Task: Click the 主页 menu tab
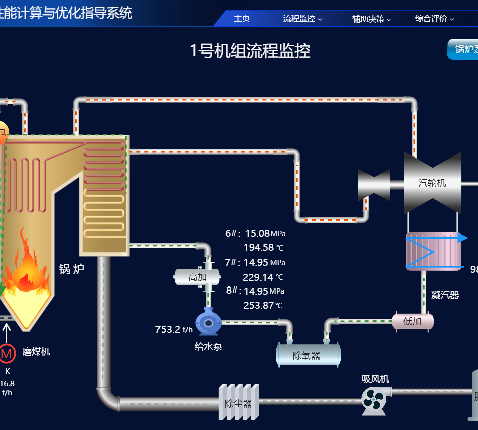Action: click(x=242, y=19)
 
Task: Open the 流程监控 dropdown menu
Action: click(x=302, y=19)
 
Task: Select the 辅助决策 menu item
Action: click(x=371, y=19)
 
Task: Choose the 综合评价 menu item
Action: click(x=434, y=19)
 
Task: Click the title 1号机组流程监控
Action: click(x=250, y=51)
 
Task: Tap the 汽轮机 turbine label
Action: click(x=432, y=183)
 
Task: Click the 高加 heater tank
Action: click(x=197, y=277)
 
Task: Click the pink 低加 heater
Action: click(x=412, y=321)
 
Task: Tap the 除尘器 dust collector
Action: click(x=239, y=402)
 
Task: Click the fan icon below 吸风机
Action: click(x=374, y=400)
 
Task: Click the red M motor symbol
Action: click(x=7, y=354)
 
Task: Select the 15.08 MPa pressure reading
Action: click(x=265, y=233)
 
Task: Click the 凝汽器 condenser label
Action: click(x=445, y=295)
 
